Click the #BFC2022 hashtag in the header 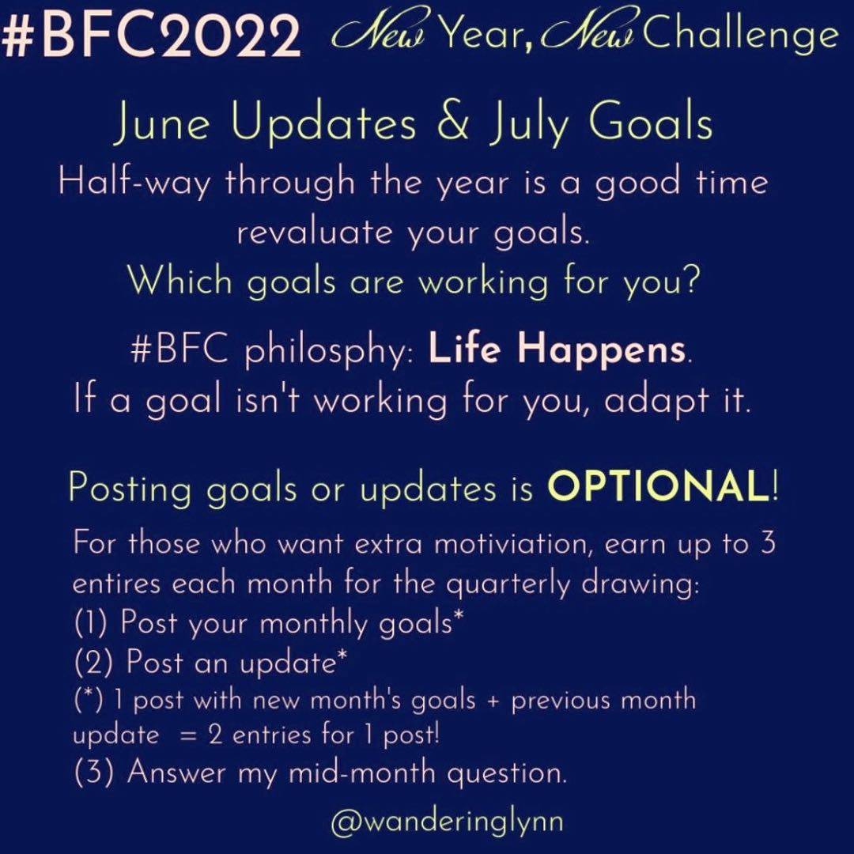coord(151,36)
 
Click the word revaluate coord(314,232)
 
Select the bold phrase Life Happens coord(556,349)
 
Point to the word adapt coord(655,402)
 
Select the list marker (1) coord(90,622)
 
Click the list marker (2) coord(93,663)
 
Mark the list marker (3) coord(93,773)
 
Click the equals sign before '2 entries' coord(187,736)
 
